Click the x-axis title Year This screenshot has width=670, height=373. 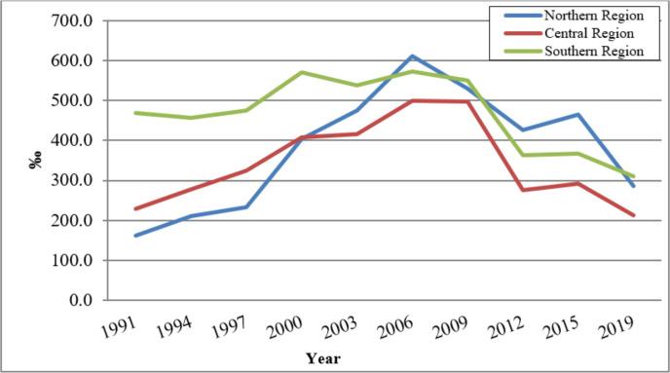322,357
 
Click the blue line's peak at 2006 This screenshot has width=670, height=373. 412,56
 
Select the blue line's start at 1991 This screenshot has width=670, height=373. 135,236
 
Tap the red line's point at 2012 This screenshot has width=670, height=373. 523,190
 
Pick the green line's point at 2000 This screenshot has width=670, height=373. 301,72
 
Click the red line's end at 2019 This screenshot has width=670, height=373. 634,215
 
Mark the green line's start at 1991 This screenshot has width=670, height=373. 135,113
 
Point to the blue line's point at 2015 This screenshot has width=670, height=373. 578,115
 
